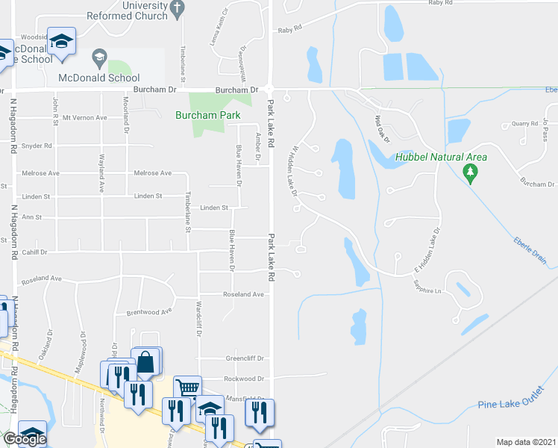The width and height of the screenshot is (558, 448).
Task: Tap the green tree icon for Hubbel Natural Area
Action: (470, 174)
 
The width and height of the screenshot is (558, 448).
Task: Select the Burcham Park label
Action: (207, 115)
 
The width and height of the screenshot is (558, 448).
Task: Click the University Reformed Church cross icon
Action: (177, 9)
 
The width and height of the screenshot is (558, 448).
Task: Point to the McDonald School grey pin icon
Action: (99, 57)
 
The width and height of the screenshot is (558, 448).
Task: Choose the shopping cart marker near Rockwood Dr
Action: (188, 388)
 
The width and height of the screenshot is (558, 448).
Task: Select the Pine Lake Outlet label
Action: (507, 405)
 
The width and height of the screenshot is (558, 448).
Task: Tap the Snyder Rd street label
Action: (37, 146)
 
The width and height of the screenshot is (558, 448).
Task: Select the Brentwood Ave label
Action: (149, 311)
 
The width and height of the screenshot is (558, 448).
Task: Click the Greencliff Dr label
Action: (245, 358)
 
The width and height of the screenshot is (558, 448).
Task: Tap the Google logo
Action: (25, 440)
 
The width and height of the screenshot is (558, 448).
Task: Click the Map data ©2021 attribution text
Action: (526, 442)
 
